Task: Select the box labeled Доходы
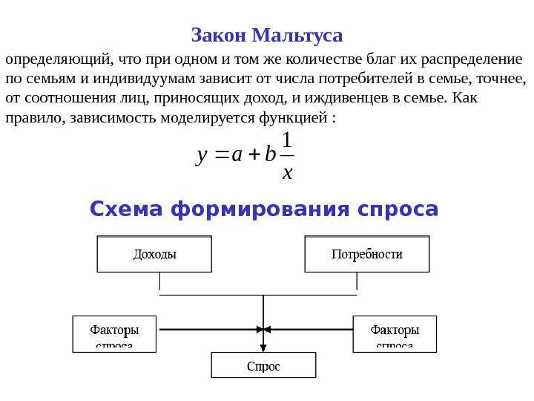(x=154, y=254)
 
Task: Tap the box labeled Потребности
(x=366, y=254)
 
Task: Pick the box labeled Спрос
(x=263, y=365)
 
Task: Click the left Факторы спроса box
(x=115, y=333)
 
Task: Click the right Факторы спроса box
(x=395, y=333)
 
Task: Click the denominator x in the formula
(x=288, y=172)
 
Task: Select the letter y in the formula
(x=201, y=155)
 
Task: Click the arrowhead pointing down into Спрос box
(x=263, y=348)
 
